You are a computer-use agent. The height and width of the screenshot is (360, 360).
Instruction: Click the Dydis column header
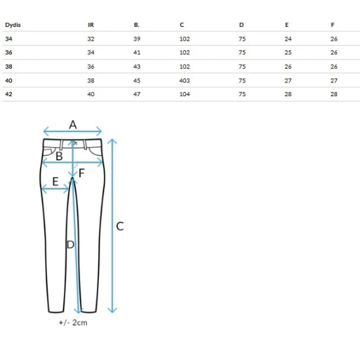click(13, 25)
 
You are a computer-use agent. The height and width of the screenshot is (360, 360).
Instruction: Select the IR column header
click(91, 25)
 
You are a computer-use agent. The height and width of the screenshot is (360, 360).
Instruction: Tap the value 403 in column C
click(185, 81)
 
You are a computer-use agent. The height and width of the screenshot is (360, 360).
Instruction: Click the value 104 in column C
click(185, 94)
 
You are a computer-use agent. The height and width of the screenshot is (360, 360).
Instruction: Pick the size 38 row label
click(9, 67)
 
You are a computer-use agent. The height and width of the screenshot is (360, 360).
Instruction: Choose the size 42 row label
click(9, 94)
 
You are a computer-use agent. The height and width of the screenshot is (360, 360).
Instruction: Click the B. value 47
click(137, 94)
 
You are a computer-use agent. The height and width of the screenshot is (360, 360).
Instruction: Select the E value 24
click(288, 39)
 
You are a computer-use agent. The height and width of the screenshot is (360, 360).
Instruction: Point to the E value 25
click(288, 52)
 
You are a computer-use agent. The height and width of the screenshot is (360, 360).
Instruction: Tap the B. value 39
click(137, 39)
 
